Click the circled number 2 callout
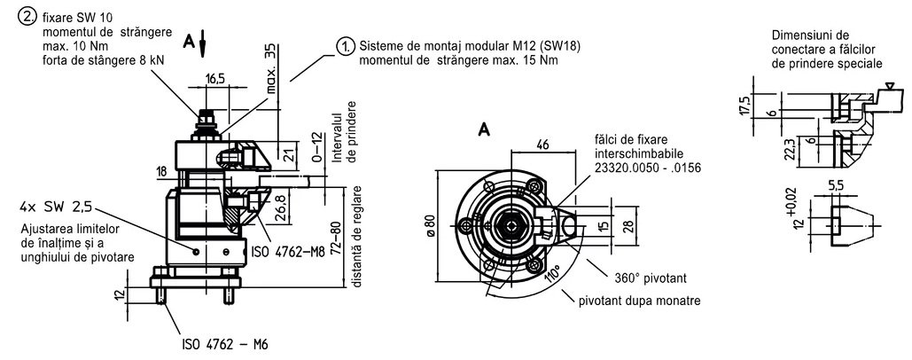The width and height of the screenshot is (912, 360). pos(27,18)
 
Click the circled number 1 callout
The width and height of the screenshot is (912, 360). pos(346,47)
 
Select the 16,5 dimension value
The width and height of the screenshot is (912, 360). pos(216,80)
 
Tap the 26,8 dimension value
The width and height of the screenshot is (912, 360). pos(280,205)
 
